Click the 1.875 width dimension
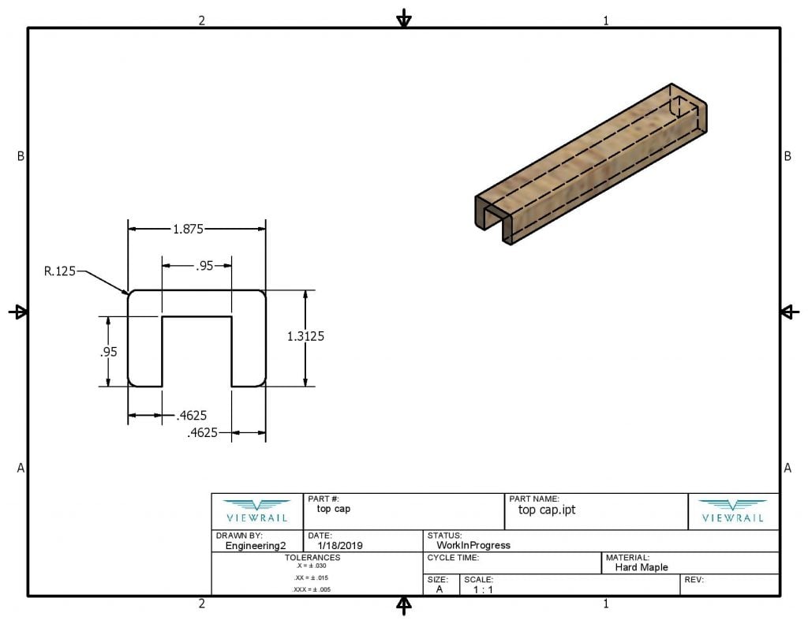189,230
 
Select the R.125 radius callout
60,272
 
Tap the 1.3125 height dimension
306,336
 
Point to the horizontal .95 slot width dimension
204,266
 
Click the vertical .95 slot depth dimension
108,352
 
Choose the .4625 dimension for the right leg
203,432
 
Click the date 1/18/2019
341,545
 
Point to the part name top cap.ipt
547,510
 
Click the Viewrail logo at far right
732,510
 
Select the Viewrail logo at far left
257,510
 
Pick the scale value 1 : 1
483,589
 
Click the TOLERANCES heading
312,557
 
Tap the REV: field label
694,580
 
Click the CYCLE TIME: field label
453,557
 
